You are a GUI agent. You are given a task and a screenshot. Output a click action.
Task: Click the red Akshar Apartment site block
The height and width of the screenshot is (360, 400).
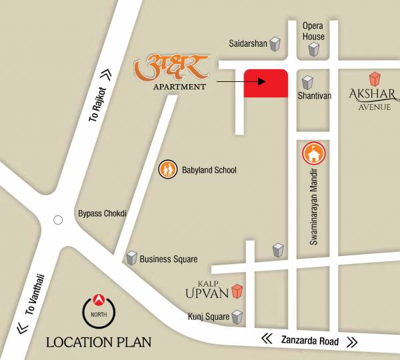tap(265, 83)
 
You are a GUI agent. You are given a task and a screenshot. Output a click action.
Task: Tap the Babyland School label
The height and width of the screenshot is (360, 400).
tap(208, 170)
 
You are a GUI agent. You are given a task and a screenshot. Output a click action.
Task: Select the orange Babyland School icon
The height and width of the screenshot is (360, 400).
tap(167, 170)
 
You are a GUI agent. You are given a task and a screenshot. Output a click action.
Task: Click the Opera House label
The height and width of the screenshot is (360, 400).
tap(313, 31)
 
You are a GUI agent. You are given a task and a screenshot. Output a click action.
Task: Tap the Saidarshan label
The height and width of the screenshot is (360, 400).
tap(248, 44)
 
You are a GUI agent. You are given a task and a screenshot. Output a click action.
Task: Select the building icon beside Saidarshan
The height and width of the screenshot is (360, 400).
tap(274, 45)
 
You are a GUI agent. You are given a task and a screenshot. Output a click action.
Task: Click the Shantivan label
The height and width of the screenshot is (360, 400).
tap(315, 96)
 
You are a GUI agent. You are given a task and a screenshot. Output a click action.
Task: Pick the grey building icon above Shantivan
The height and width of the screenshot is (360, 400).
tap(307, 83)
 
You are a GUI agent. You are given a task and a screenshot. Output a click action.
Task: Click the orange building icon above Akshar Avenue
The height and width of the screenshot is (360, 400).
tap(375, 79)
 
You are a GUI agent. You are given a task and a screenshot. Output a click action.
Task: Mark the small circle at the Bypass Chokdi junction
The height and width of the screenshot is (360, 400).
tap(58, 219)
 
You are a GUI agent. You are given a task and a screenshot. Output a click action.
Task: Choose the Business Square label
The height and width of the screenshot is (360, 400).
tap(169, 259)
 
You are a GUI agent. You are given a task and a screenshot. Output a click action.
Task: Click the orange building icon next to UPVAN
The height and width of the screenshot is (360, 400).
tap(237, 291)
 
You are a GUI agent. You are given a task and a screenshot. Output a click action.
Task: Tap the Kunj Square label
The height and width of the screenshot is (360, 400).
tap(208, 317)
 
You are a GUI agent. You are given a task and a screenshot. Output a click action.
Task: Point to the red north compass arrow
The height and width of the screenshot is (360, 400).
tap(99, 298)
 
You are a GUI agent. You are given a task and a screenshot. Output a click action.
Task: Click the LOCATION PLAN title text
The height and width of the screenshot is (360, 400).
tap(99, 343)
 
